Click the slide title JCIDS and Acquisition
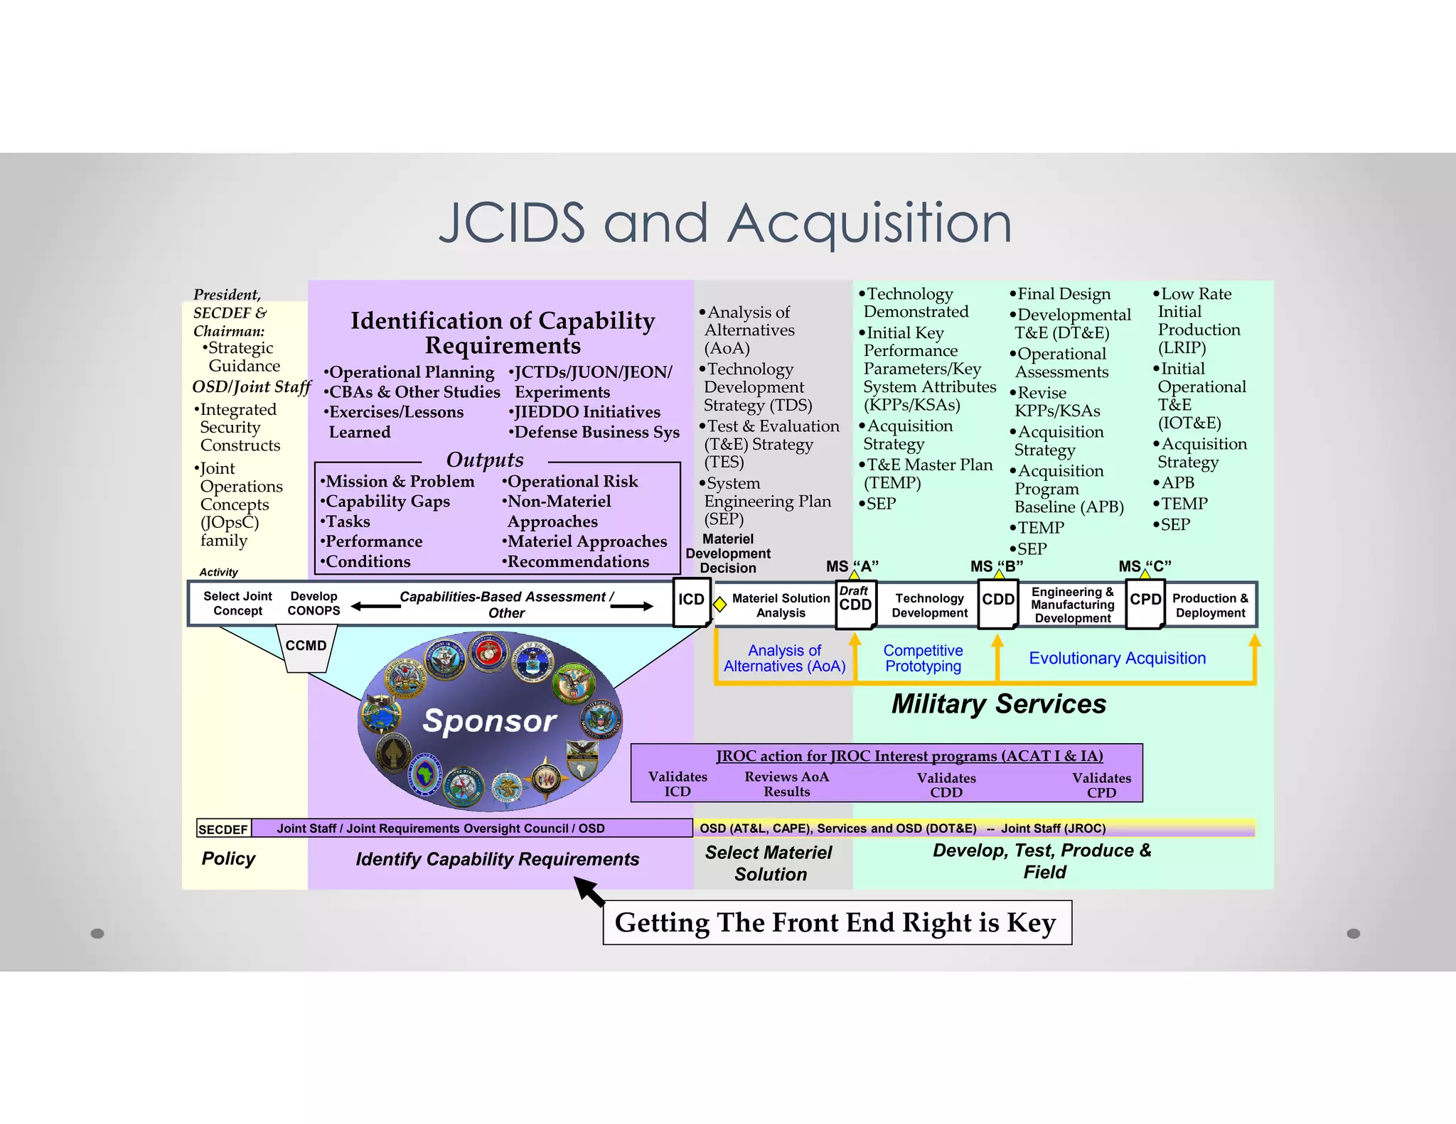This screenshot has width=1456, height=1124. point(725,223)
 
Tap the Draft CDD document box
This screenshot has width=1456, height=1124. point(855,603)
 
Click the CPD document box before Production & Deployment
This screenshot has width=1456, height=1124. point(1145,603)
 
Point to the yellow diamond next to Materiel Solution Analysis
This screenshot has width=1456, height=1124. point(719,604)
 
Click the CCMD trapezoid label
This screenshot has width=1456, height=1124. point(306,647)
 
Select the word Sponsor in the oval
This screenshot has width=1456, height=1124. point(489,720)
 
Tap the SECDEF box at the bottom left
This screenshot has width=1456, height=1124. point(223,829)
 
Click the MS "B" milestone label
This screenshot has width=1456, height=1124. point(997,566)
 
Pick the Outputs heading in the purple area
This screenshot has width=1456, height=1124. point(485,460)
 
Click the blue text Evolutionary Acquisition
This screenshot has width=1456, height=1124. point(1117,658)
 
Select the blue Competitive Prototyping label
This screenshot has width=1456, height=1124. point(923,658)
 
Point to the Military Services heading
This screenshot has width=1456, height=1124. point(998,703)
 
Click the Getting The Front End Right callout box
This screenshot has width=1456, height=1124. point(837,922)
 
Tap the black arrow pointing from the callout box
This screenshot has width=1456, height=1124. point(590,891)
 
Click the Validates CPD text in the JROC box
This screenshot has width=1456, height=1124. point(1101,785)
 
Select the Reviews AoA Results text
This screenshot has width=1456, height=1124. point(786,784)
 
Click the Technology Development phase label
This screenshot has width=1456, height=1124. point(929,605)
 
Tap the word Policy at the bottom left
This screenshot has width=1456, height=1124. point(228,858)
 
